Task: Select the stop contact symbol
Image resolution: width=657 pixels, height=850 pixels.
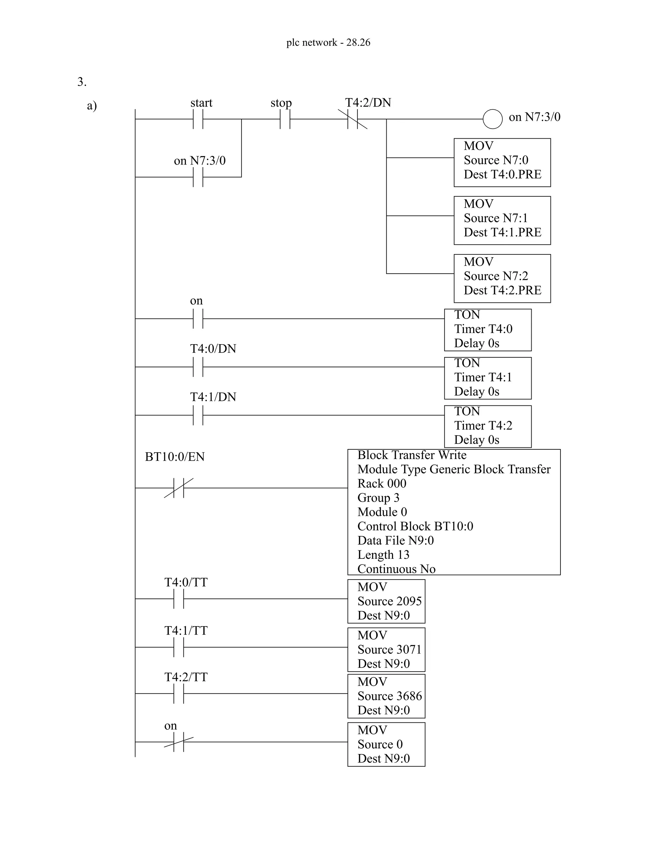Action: [x=285, y=119]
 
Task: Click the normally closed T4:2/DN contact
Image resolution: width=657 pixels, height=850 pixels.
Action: [x=353, y=119]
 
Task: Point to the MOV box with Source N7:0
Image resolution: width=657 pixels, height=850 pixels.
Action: [x=502, y=162]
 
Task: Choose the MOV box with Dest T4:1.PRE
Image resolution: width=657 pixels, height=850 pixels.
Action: [x=502, y=220]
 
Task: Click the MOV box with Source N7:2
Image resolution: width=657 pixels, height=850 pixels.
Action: [x=502, y=278]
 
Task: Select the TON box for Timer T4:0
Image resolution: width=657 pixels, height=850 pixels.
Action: [x=488, y=330]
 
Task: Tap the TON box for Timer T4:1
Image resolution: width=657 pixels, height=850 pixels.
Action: [x=488, y=378]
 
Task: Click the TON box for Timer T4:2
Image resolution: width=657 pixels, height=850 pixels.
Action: [x=488, y=426]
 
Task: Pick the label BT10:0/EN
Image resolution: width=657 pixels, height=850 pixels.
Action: [x=175, y=456]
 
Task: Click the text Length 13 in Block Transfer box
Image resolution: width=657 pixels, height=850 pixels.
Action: [x=383, y=555]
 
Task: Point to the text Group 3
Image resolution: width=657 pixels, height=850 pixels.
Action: [x=378, y=498]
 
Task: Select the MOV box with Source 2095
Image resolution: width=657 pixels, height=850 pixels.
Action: [x=386, y=601]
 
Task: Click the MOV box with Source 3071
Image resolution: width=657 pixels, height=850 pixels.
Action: [x=386, y=650]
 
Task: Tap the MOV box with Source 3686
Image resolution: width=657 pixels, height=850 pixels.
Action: [x=386, y=696]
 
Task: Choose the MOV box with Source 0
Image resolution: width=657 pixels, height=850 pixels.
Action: [x=386, y=744]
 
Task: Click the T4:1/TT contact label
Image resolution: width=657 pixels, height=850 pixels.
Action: [x=186, y=631]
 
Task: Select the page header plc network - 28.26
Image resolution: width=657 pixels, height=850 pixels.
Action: [x=328, y=42]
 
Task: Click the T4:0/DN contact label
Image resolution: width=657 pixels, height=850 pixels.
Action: [x=213, y=348]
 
